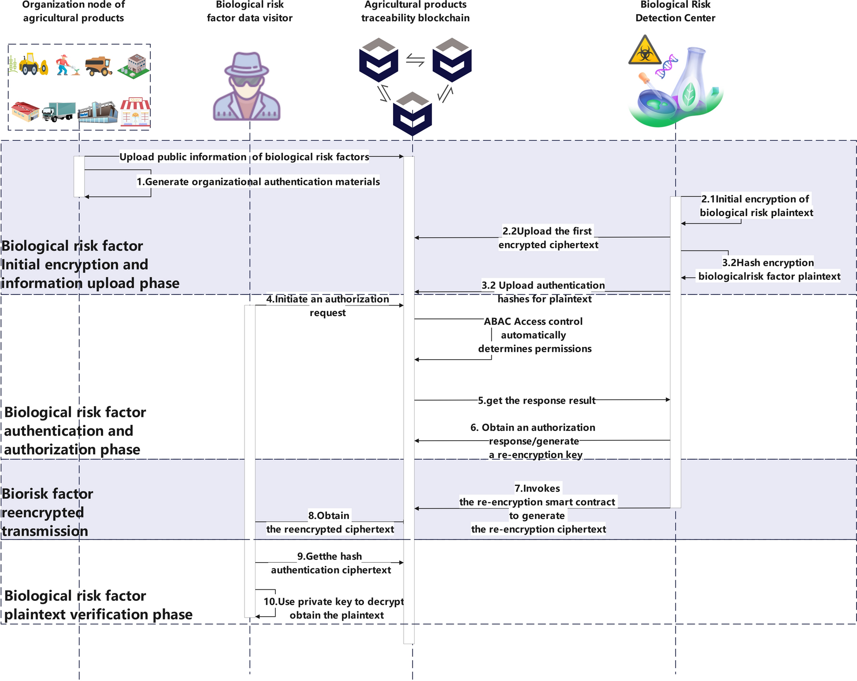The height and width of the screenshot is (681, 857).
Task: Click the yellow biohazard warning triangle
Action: pyautogui.click(x=645, y=52)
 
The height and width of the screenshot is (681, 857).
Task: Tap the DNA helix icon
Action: pyautogui.click(x=666, y=66)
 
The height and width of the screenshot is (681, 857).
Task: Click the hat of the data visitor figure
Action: pyautogui.click(x=246, y=64)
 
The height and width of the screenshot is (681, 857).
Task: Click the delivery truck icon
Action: pyautogui.click(x=59, y=112)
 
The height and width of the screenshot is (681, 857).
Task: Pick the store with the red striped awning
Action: pyautogui.click(x=135, y=112)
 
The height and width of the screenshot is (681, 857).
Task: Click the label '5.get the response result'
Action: pyautogui.click(x=536, y=401)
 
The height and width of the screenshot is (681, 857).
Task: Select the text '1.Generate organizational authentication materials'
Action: pyautogui.click(x=258, y=182)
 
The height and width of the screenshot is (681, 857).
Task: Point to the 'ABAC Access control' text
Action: pyautogui.click(x=533, y=322)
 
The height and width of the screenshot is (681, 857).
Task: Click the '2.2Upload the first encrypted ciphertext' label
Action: pyautogui.click(x=548, y=238)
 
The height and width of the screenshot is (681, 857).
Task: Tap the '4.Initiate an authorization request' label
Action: pyautogui.click(x=327, y=306)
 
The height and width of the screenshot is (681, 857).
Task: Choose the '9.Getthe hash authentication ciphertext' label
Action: pyautogui.click(x=330, y=563)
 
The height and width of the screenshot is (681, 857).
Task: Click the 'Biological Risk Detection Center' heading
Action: pyautogui.click(x=675, y=11)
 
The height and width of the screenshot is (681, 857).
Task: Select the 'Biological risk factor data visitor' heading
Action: pyautogui.click(x=249, y=11)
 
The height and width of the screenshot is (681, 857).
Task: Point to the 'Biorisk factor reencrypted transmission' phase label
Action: pyautogui.click(x=47, y=512)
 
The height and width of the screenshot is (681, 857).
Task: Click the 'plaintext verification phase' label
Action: pyautogui.click(x=98, y=615)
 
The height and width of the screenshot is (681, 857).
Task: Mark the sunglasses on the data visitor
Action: pyautogui.click(x=247, y=82)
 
